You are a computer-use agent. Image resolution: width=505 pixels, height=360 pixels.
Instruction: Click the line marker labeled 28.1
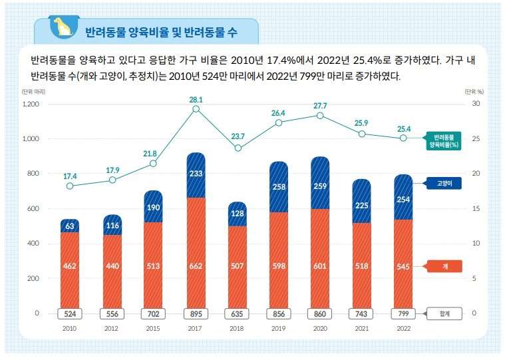click(196, 108)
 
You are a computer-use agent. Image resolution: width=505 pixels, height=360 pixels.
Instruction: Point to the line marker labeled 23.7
click(238, 148)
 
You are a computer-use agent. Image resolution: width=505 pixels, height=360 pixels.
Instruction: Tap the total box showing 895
click(196, 313)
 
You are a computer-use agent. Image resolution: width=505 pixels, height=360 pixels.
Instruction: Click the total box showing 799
click(403, 313)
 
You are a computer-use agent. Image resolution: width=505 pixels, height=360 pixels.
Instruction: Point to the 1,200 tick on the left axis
click(31, 104)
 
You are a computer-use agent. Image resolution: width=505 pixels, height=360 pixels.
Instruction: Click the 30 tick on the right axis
click(476, 104)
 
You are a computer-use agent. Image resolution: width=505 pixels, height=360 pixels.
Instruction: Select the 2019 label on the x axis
click(279, 328)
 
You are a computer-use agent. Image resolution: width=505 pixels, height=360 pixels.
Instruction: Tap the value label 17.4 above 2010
click(70, 176)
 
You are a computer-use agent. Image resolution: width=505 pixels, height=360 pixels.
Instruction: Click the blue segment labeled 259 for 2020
click(320, 187)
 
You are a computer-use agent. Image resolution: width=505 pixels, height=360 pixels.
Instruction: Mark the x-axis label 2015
click(154, 328)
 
